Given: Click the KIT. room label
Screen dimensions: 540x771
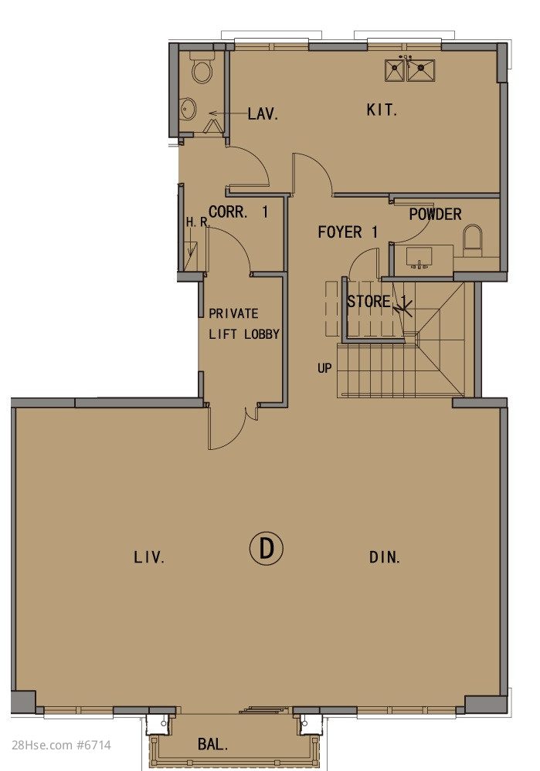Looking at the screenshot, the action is click(x=382, y=110).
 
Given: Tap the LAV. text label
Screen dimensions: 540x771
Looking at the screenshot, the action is click(x=263, y=114).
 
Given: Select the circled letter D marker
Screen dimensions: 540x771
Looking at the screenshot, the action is click(x=267, y=548).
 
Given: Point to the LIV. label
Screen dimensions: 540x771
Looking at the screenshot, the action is click(x=149, y=557).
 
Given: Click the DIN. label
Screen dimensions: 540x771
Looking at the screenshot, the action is click(x=385, y=557).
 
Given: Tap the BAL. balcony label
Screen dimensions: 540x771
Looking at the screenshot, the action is click(x=213, y=744).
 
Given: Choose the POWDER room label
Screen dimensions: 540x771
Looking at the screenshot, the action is click(x=435, y=215).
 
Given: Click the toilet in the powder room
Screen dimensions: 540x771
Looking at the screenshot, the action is click(x=473, y=240).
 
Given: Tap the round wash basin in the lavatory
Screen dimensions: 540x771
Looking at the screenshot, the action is click(x=188, y=109).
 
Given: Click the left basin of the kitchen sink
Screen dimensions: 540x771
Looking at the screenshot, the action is click(x=395, y=70).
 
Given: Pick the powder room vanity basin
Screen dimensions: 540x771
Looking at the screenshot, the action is click(x=419, y=257).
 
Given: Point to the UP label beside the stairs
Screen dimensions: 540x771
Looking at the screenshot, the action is click(x=324, y=368).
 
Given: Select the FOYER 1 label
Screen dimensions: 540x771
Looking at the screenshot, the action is click(x=348, y=232).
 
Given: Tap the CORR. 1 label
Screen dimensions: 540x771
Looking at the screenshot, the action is click(x=238, y=212).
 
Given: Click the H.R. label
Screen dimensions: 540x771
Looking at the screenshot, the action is click(x=198, y=222).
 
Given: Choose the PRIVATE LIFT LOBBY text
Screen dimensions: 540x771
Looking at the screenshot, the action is click(x=243, y=323).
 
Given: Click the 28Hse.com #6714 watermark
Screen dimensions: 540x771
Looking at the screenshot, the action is click(x=62, y=745).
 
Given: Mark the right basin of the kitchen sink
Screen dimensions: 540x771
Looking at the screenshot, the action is click(x=421, y=70).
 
